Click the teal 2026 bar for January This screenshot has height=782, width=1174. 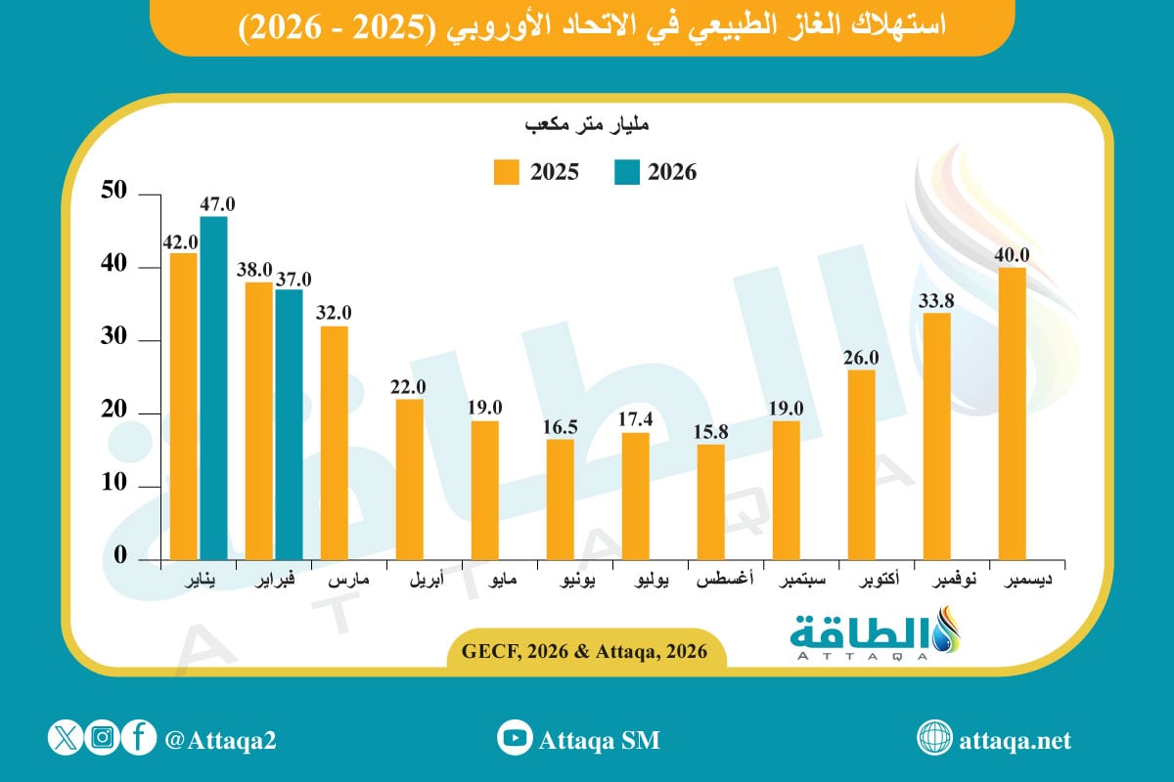click(x=213, y=387)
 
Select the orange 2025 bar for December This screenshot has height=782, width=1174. click(x=1012, y=412)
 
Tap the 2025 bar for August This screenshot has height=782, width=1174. click(x=711, y=500)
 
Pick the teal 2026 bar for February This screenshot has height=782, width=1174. click(x=289, y=423)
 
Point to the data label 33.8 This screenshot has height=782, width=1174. click(x=936, y=300)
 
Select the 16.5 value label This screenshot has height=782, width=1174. click(x=560, y=427)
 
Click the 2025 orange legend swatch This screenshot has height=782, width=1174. click(x=506, y=172)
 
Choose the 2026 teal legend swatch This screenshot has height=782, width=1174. click(x=627, y=172)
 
